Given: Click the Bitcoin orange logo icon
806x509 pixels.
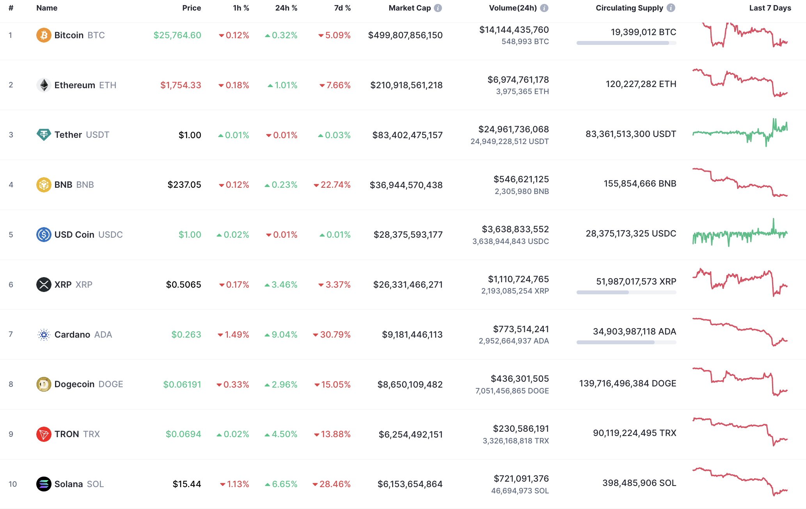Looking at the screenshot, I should coord(44,35).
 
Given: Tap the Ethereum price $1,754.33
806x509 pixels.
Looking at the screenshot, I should coord(181,85).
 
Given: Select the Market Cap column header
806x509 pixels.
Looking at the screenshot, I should coord(410,8).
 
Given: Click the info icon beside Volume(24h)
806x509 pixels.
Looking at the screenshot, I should coord(544,8).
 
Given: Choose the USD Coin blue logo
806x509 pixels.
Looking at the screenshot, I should coord(44,235).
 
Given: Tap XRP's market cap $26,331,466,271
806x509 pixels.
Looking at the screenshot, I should coord(408,285).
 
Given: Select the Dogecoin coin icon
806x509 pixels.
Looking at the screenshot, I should coord(44,384).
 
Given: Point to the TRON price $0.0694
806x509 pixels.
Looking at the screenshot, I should coord(183,434).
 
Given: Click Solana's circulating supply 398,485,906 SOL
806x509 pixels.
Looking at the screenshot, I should coord(639,483).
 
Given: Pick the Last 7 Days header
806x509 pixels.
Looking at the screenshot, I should coord(770,8).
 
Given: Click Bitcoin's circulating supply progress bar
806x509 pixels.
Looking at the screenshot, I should coord(626,43).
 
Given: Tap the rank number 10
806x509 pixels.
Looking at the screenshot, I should coord(12,484).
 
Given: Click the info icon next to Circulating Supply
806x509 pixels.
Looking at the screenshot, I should coord(671,8).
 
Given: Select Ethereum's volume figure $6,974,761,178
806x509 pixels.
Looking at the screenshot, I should coord(518,80).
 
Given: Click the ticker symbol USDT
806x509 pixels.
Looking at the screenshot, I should coord(98,135).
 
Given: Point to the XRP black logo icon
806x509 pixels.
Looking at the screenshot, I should coord(44,285).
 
